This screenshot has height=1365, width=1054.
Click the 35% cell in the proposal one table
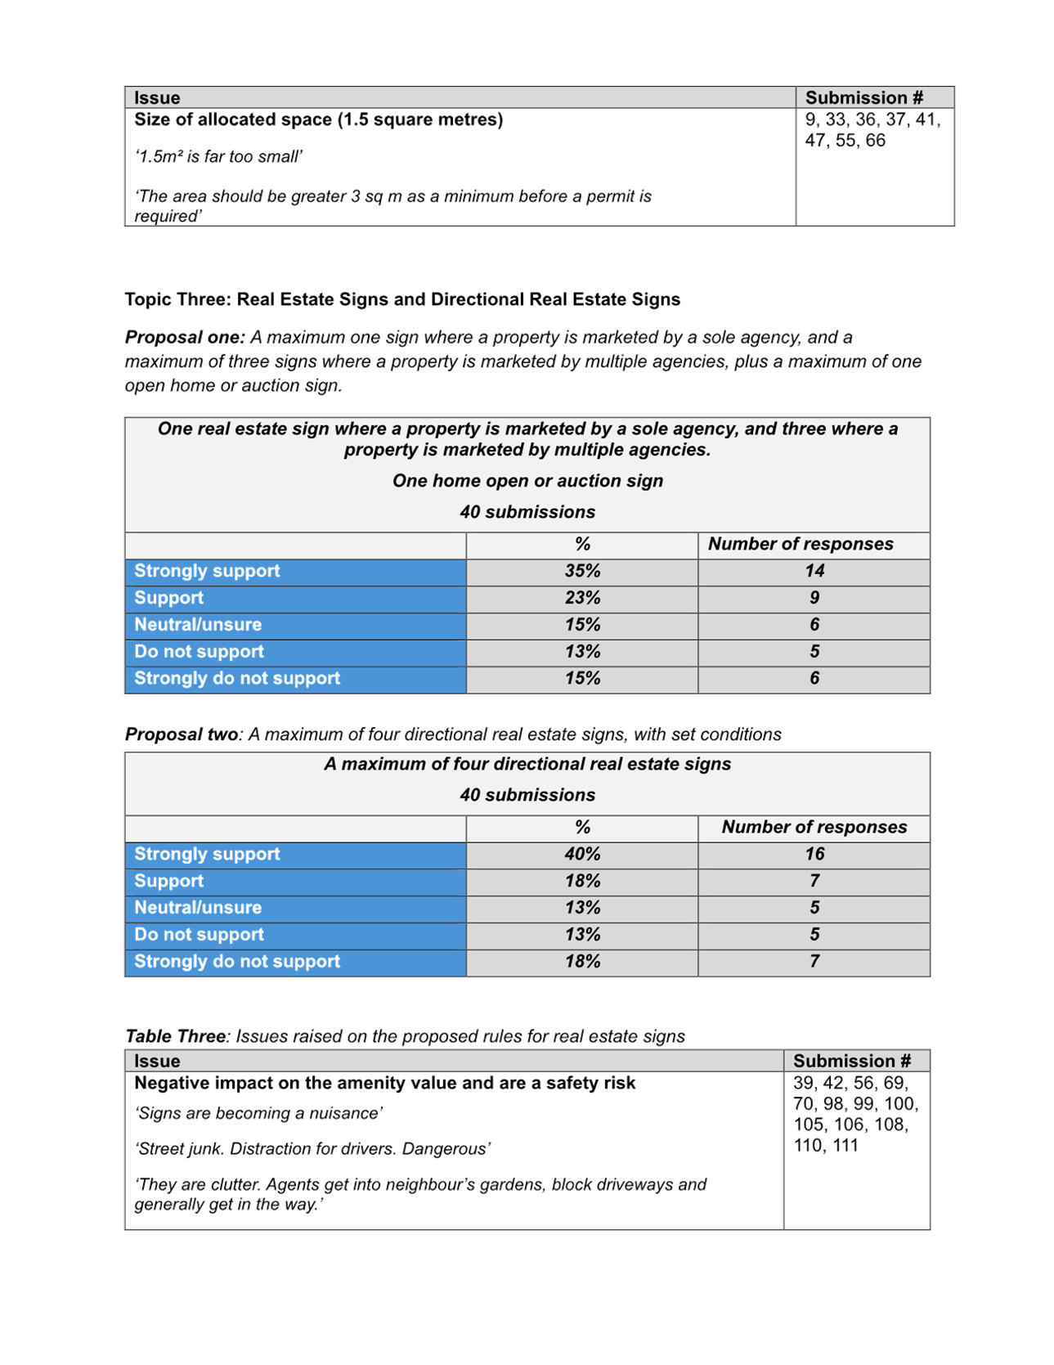tap(582, 571)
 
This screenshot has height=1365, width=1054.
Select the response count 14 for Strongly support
tap(814, 571)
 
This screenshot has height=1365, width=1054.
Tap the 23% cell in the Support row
tap(582, 598)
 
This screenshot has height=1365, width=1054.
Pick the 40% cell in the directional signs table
tap(582, 854)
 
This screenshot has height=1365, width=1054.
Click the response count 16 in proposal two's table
tap(814, 854)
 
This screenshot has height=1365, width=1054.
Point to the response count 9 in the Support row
tap(814, 598)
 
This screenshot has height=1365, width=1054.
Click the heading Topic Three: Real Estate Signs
tap(401, 299)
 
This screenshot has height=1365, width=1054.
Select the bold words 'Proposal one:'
tap(185, 337)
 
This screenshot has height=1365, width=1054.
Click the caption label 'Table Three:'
tap(178, 1036)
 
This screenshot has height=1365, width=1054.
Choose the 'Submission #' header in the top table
tap(863, 98)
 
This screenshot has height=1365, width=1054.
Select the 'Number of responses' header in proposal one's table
tap(800, 544)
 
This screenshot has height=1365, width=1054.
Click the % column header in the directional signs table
tap(582, 827)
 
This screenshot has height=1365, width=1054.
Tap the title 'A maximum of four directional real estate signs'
tap(527, 764)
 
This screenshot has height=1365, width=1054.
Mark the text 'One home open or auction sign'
tap(527, 481)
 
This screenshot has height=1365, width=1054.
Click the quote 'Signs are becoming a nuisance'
tap(259, 1113)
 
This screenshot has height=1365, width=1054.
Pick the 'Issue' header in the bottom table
tap(157, 1061)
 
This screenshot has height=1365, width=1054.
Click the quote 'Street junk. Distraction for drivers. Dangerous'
tap(312, 1149)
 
